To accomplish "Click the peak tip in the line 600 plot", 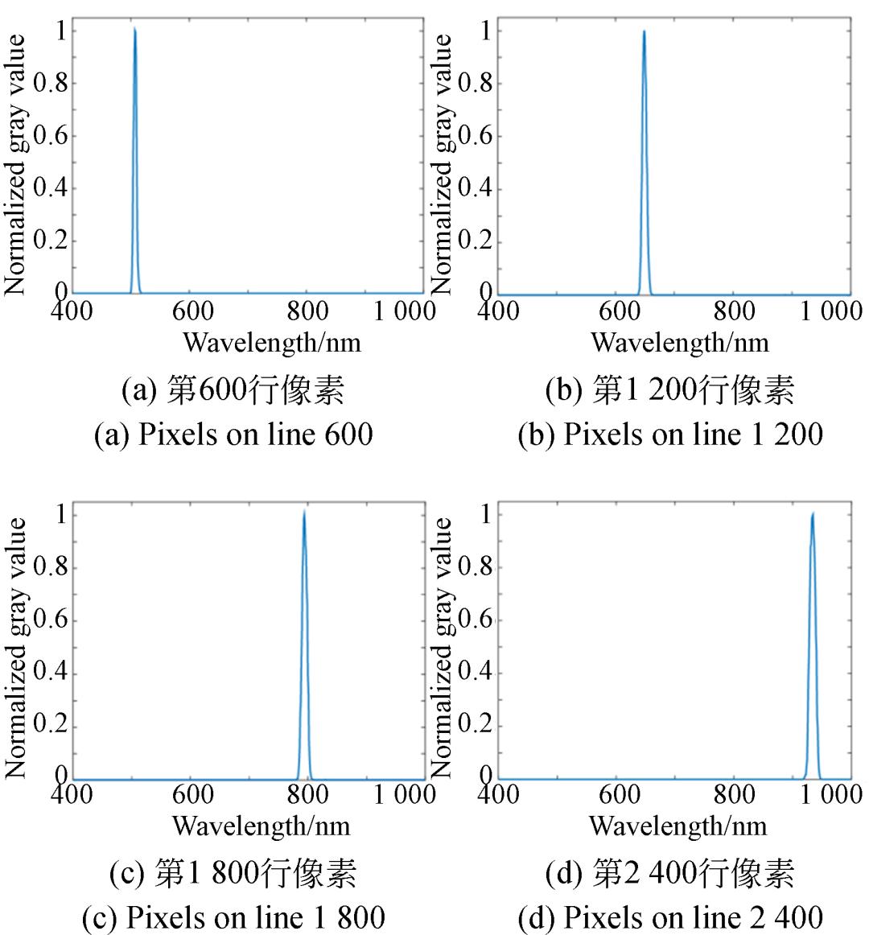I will (134, 30).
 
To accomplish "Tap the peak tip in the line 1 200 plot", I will (644, 32).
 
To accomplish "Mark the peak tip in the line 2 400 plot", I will (813, 513).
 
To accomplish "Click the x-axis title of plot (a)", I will (271, 343).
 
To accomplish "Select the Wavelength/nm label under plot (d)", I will (677, 826).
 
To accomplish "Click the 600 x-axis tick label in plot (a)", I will (192, 311).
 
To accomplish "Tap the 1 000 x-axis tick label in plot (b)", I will (830, 311).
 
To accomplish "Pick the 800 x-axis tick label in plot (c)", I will (307, 795).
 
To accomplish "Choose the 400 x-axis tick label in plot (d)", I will (500, 795).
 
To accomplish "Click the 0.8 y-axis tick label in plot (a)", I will (50, 83).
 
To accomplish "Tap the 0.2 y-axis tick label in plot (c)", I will (50, 727).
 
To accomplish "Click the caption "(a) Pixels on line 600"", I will (233, 435).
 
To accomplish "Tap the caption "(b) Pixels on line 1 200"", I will (670, 435).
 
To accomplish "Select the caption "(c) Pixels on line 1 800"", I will (233, 917).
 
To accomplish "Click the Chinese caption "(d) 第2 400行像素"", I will (670, 873).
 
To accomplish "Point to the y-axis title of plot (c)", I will (16, 648).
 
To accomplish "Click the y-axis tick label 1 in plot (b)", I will (485, 31).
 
